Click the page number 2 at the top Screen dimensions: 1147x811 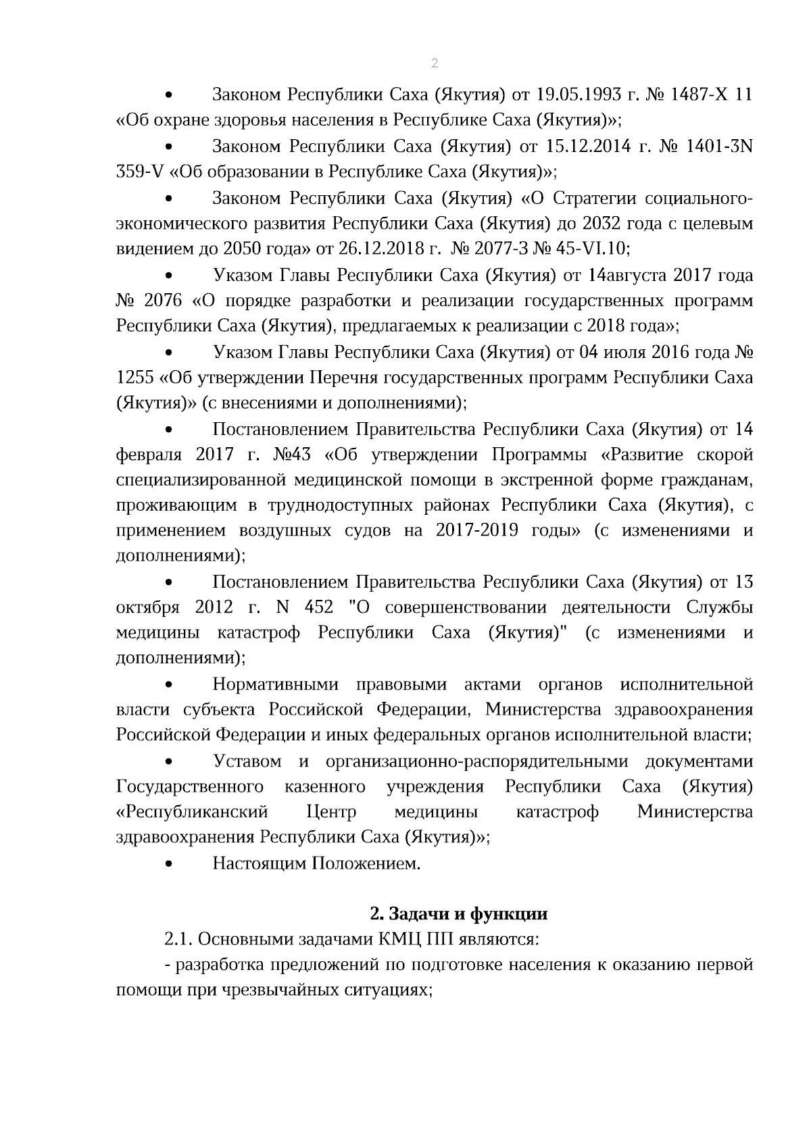[x=434, y=63]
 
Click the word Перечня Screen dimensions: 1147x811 [x=338, y=378]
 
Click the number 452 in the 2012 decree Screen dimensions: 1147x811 [x=319, y=607]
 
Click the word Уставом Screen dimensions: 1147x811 [x=247, y=761]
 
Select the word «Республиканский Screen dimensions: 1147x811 [x=192, y=812]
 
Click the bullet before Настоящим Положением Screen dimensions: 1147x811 [x=170, y=864]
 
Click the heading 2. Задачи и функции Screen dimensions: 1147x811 [x=458, y=914]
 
